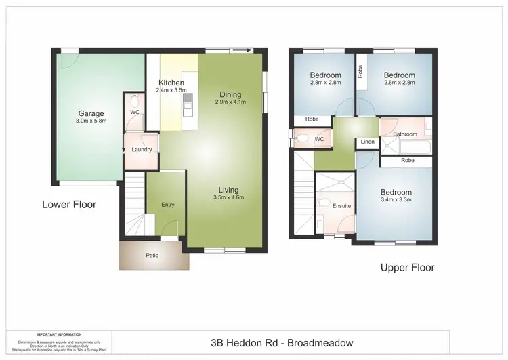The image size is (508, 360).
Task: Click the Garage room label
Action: pos(90,113)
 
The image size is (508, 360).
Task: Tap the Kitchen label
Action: pos(171,83)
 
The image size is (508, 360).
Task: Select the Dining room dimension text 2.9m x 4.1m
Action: pos(230,102)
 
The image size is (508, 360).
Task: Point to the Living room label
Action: pos(228,189)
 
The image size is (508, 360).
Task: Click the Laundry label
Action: pos(141,149)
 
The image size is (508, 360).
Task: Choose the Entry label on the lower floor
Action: pos(167,205)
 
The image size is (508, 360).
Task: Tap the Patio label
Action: pos(153,256)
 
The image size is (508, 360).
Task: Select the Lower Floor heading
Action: pos(69,204)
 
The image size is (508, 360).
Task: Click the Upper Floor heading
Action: pos(407,267)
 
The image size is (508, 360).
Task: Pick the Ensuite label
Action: pos(341,206)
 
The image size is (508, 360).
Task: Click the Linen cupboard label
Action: pos(367,142)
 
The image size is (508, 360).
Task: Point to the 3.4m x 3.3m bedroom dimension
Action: pos(396,201)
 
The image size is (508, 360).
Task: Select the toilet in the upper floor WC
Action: pos(303,140)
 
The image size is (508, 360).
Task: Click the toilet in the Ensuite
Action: pos(324,203)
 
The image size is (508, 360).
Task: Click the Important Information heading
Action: pos(59,334)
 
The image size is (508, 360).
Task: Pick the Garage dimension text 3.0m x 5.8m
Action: pos(90,121)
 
